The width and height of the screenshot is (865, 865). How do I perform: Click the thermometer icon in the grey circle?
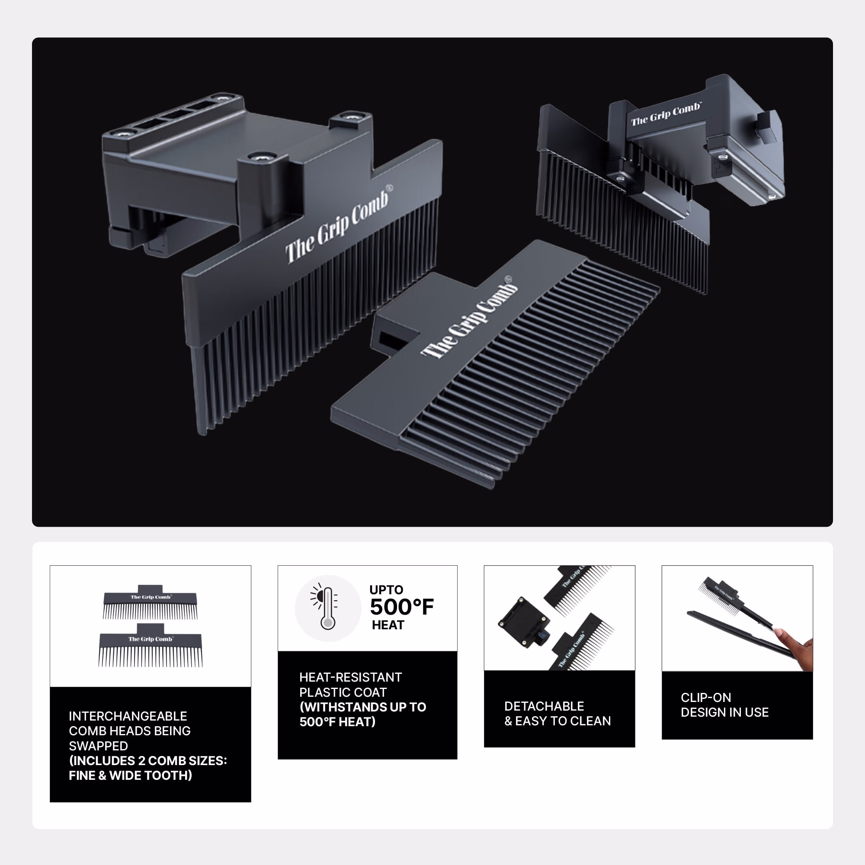pyautogui.click(x=327, y=608)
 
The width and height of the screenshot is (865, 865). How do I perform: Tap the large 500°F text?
pyautogui.click(x=402, y=607)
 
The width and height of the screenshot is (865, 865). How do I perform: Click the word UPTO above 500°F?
pyautogui.click(x=386, y=589)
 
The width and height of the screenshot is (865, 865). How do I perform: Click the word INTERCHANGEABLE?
pyautogui.click(x=128, y=716)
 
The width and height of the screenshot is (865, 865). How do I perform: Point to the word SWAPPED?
pyautogui.click(x=99, y=746)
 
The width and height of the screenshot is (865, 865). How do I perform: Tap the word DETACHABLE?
pyautogui.click(x=544, y=706)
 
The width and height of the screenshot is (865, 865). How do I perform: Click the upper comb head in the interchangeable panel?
pyautogui.click(x=151, y=602)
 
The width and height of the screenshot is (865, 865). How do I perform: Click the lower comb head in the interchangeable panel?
pyautogui.click(x=151, y=645)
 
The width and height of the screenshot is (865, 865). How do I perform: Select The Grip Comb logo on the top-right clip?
pyautogui.click(x=666, y=114)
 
